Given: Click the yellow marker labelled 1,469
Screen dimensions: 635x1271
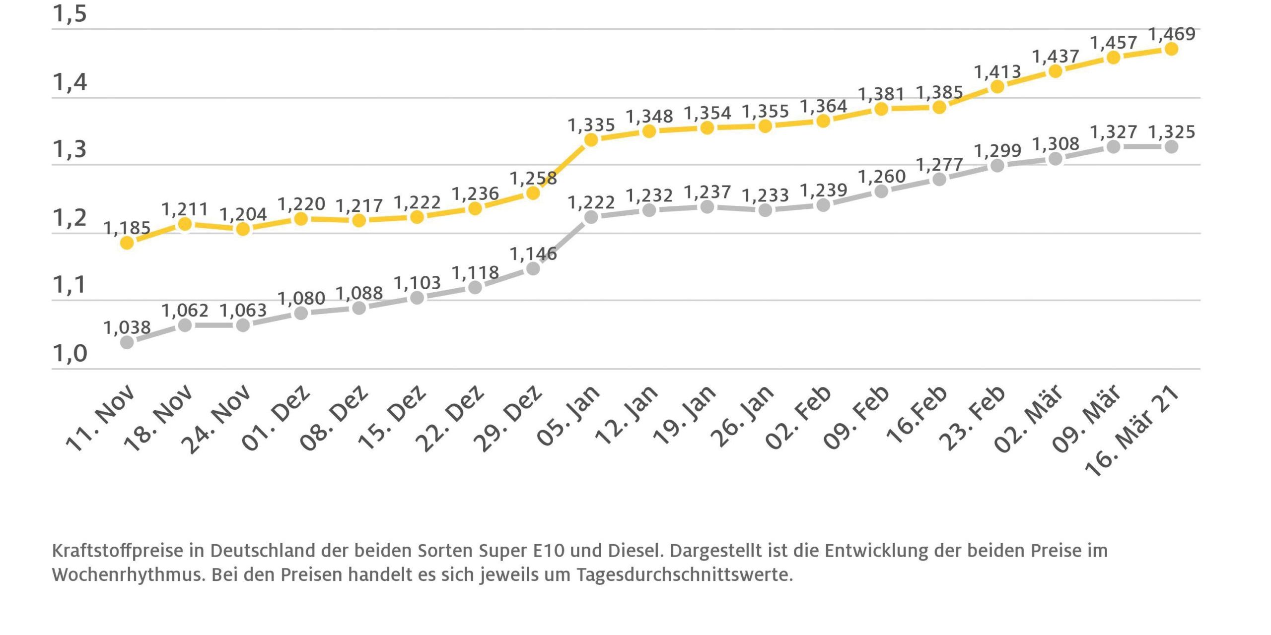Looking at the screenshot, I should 1171,49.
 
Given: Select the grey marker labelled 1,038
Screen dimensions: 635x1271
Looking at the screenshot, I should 127,342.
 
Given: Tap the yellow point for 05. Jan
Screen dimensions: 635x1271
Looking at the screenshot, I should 591,140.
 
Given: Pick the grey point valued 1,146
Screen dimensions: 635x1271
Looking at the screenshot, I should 533,268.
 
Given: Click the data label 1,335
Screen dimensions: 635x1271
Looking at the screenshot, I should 591,125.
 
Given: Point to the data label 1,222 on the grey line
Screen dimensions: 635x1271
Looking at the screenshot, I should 591,202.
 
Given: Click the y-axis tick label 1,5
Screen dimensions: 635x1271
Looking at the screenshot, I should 70,14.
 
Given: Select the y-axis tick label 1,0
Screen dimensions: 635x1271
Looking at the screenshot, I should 70,354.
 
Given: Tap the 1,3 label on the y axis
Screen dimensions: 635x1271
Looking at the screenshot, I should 70,149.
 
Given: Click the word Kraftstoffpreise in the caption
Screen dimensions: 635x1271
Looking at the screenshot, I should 117,551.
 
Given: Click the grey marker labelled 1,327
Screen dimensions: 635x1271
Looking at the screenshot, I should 1114,147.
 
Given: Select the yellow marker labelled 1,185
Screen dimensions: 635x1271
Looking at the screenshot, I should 127,243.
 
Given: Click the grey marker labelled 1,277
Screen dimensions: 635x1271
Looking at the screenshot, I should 939,179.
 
